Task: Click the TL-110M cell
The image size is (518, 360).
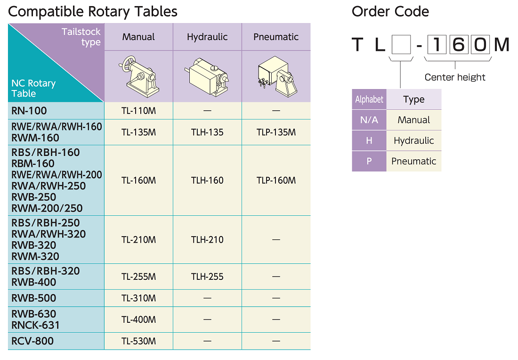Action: (138, 111)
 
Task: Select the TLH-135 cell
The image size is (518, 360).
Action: (207, 132)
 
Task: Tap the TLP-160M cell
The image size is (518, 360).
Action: (276, 180)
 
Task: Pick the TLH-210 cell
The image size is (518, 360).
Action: (207, 240)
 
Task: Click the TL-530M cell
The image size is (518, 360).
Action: (138, 341)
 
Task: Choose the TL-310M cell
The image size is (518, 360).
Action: (138, 298)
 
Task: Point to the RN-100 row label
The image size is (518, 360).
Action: (29, 111)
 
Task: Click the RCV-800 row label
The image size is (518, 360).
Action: (32, 341)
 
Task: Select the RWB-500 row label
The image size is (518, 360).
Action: (34, 298)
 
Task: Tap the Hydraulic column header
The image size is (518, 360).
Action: (207, 37)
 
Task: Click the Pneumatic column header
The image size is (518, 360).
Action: (276, 37)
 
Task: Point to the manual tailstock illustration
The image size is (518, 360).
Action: (139, 76)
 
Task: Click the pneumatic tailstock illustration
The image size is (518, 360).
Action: (276, 76)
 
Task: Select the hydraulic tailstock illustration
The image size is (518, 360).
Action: (207, 77)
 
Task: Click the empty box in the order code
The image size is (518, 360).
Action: (401, 45)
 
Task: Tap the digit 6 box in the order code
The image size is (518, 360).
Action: (458, 45)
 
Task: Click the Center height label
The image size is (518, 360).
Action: (455, 77)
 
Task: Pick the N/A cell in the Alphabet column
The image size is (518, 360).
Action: (369, 120)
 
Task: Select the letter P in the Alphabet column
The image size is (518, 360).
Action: (369, 161)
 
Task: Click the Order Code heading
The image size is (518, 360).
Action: (390, 12)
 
